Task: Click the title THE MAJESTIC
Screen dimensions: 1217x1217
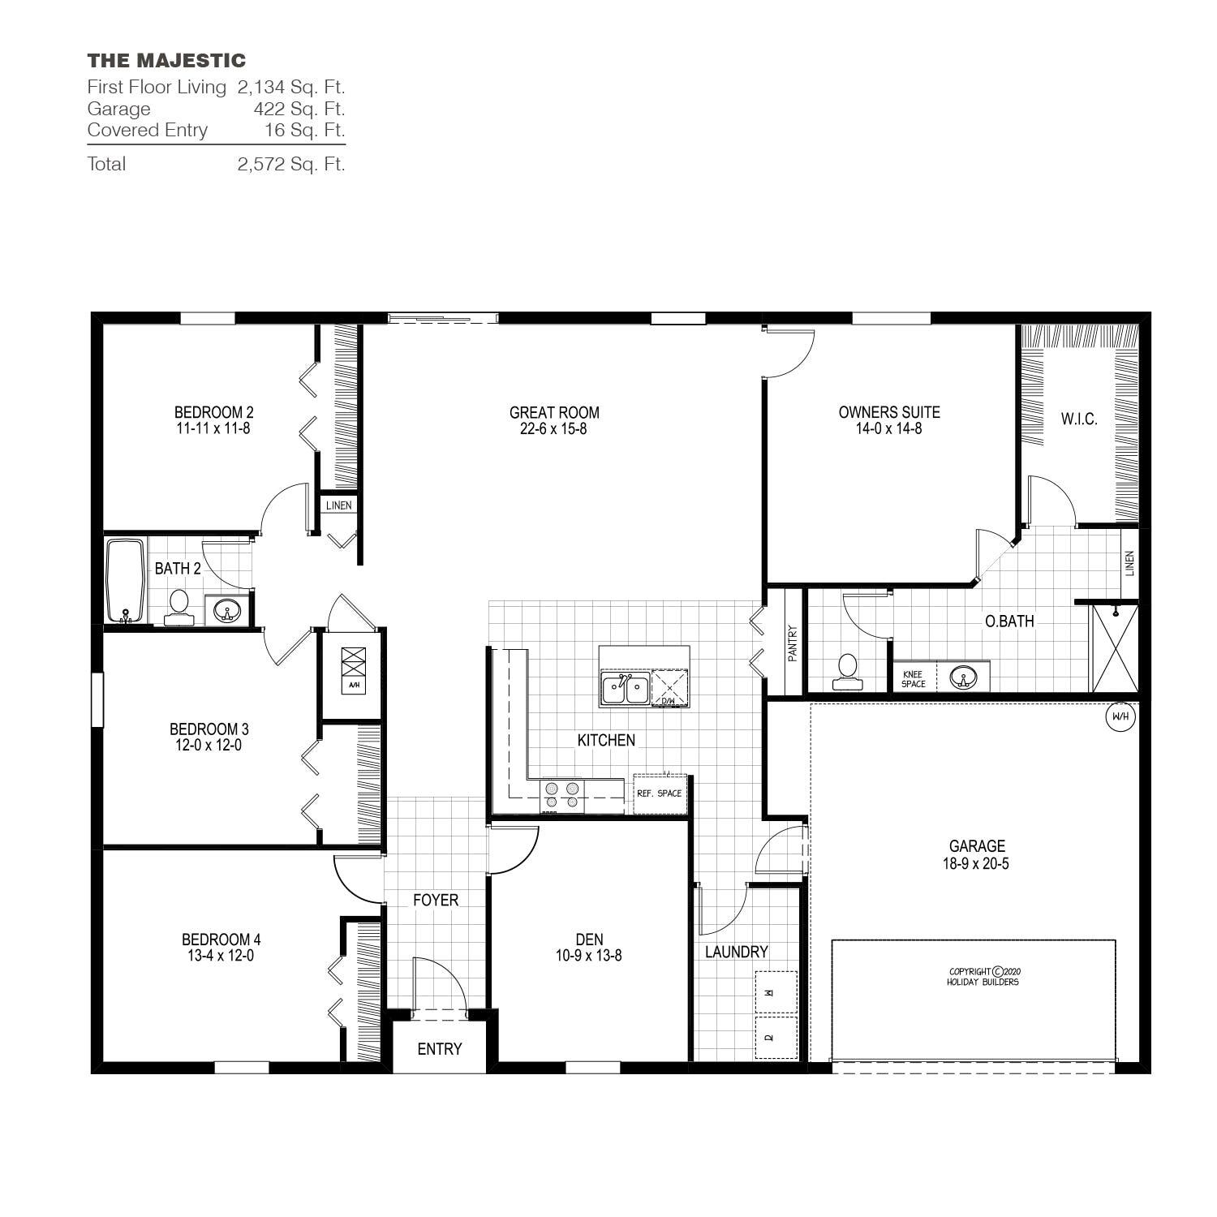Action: [x=166, y=61]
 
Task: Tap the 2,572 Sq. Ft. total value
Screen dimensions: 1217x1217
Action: [x=291, y=164]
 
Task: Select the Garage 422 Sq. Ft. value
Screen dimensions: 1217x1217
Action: [x=299, y=109]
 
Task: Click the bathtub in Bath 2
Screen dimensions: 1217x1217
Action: [x=125, y=580]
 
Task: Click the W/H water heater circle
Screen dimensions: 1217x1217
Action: [x=1120, y=716]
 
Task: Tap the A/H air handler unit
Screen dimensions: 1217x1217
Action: [x=354, y=669]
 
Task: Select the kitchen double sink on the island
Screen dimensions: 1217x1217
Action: [x=625, y=689]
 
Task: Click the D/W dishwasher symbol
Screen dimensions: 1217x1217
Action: [x=669, y=688]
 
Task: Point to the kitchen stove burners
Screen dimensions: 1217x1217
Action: [x=562, y=794]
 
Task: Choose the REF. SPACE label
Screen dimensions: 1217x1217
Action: [x=659, y=793]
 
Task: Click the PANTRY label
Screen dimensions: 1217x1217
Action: [x=793, y=642]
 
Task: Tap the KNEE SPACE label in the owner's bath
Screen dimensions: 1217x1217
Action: [x=913, y=679]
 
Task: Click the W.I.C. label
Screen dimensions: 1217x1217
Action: [x=1078, y=419]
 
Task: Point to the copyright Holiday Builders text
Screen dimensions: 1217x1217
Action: [x=983, y=976]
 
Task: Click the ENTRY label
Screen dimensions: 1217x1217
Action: [x=439, y=1049]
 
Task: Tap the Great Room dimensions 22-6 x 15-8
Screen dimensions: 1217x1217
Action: [x=553, y=429]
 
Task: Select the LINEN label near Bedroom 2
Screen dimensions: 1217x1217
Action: [x=338, y=505]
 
